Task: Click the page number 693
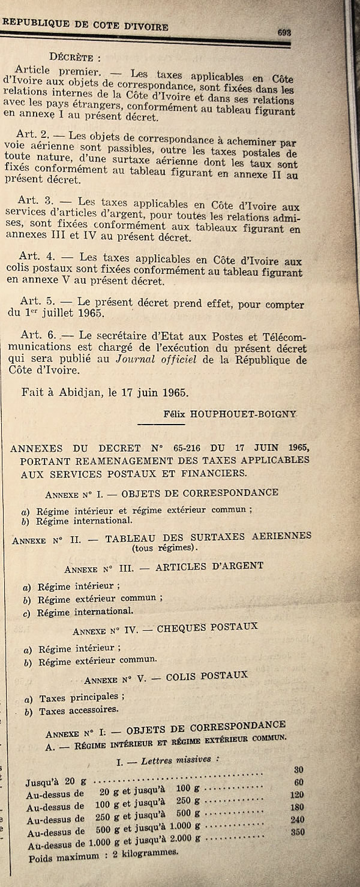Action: point(284,33)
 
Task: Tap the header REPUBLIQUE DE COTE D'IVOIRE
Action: point(85,25)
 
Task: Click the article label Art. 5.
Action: point(39,300)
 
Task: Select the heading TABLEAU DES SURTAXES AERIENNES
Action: point(208,536)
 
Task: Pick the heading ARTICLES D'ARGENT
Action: point(209,566)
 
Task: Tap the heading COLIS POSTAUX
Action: point(207,675)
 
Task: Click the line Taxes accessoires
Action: point(70,711)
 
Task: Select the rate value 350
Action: point(298,832)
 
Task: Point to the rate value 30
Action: point(298,769)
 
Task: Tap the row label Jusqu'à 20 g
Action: point(50,783)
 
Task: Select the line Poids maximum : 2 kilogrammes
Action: point(103,853)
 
